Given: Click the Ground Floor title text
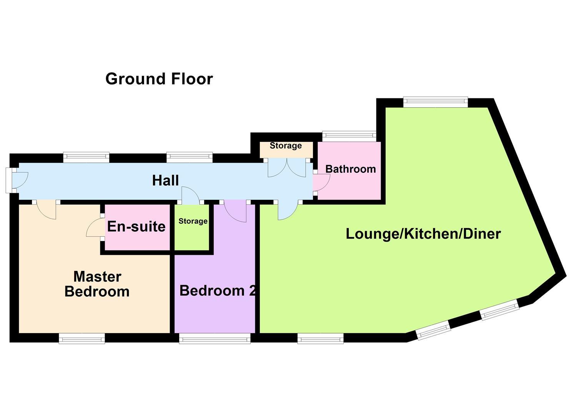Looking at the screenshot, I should [159, 79].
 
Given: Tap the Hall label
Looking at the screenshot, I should [165, 180].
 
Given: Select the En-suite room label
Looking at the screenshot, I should [136, 226].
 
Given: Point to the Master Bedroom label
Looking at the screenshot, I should [97, 284].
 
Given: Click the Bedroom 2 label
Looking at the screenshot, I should [217, 290].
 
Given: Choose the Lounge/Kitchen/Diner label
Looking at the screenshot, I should [423, 234].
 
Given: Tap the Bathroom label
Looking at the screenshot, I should [350, 169].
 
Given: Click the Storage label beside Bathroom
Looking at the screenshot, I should [285, 146].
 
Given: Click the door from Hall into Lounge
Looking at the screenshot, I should [287, 211].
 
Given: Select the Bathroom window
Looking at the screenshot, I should [349, 134].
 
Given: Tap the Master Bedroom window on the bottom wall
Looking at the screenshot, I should [82, 338].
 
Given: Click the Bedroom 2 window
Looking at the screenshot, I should [215, 338].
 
